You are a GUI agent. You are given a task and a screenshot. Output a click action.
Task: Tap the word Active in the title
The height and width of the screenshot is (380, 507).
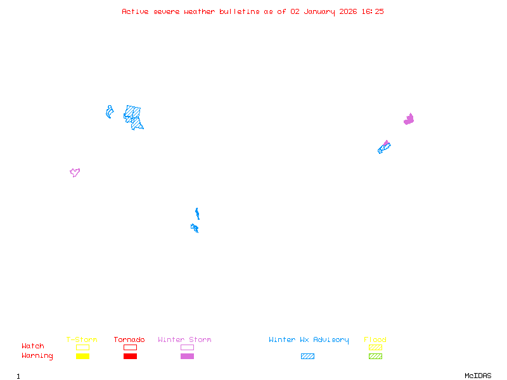pos(136,11)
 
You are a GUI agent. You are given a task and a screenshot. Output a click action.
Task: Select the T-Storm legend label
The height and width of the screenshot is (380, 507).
pos(82,340)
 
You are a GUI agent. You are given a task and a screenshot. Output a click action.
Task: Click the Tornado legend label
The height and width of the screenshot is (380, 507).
pos(129,340)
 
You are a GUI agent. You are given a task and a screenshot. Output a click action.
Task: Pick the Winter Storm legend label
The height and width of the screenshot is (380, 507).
pos(184,340)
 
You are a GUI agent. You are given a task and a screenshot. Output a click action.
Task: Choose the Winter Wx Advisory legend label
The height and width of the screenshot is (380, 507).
pos(309,340)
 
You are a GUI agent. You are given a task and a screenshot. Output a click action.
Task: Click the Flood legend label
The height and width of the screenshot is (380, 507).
pos(375,340)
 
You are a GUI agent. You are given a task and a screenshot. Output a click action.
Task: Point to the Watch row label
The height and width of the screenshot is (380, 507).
pos(33,346)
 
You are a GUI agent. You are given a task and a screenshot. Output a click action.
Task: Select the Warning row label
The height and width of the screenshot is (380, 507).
pos(37,356)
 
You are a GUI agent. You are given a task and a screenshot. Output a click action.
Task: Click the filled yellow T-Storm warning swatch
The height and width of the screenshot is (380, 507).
pos(82,357)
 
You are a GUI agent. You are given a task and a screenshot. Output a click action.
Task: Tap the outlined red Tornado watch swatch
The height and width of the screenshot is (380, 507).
pos(130,348)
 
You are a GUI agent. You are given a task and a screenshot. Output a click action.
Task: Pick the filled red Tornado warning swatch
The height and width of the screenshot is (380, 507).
pos(130,357)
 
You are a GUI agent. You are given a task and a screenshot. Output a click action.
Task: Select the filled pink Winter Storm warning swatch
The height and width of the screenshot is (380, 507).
pos(187,357)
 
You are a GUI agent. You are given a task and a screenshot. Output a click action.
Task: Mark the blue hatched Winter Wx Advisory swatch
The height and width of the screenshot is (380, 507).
pos(307,357)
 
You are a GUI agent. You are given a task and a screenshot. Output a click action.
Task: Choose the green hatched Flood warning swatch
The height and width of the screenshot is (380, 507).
pos(375,357)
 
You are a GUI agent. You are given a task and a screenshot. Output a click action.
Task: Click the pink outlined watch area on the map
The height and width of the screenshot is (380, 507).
pos(75,172)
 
